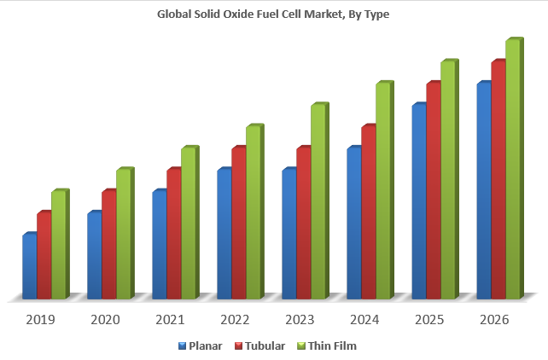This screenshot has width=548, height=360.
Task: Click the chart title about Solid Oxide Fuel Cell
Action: coord(273,14)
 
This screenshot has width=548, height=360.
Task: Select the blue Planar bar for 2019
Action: coord(29,267)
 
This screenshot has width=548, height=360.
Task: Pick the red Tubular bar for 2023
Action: coord(303,224)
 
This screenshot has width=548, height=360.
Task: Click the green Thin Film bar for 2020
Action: coord(123,235)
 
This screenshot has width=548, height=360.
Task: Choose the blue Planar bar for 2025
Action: coord(418,202)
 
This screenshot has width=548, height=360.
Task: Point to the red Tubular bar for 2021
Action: coord(173,235)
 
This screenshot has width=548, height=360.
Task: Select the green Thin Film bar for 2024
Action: coord(382,192)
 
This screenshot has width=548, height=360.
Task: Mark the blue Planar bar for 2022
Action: coord(224,235)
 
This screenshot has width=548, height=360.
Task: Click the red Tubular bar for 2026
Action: coord(498,181)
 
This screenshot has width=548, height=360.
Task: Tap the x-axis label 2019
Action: coord(40,320)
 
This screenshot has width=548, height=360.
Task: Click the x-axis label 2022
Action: coord(235,320)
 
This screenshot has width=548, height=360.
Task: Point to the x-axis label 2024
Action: coord(364,320)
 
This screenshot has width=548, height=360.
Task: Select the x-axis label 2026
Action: coord(494,320)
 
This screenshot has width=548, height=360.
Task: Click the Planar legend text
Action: coord(206,345)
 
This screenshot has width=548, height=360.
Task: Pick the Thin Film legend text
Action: coord(332,345)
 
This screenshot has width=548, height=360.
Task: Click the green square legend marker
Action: coord(300,345)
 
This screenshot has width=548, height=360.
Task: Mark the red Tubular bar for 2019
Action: coord(44,256)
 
